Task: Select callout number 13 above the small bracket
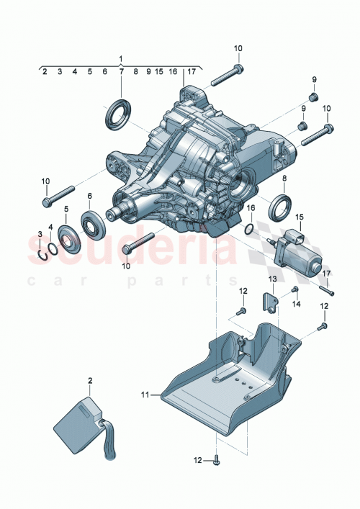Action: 273,279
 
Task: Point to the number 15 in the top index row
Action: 158,72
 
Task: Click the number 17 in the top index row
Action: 191,72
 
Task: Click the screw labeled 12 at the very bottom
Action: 215,459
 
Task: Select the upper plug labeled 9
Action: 313,97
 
